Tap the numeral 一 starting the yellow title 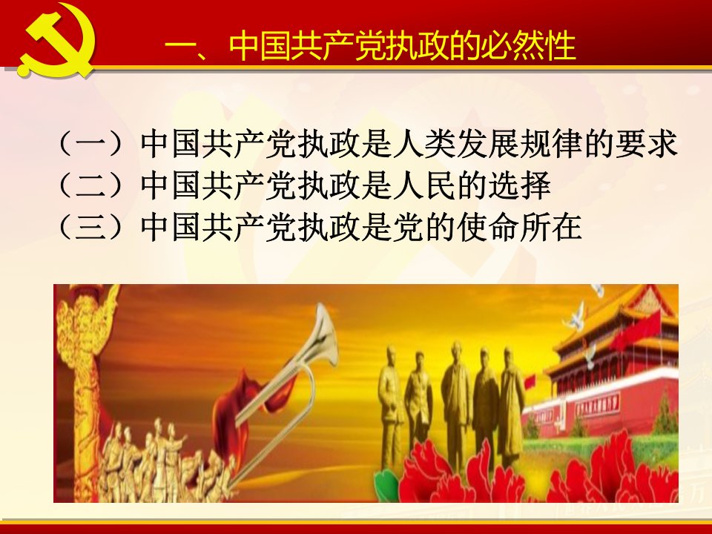coord(180,47)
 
